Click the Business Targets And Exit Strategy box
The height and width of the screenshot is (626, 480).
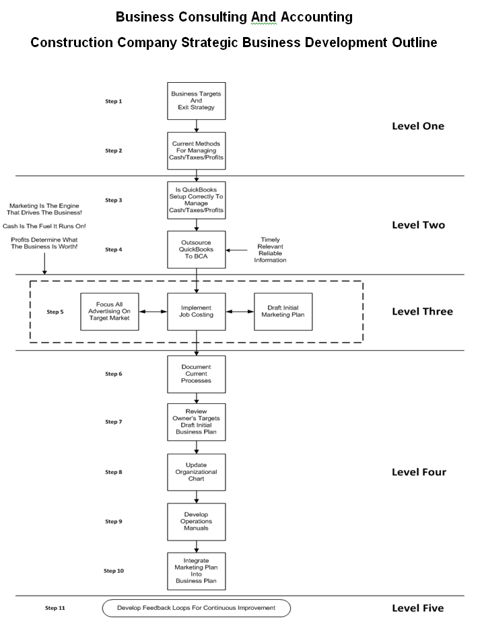pos(196,101)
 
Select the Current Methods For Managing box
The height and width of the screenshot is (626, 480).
pos(196,151)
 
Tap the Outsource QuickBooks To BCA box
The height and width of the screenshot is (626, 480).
pos(196,250)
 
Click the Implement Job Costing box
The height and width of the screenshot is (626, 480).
pos(196,312)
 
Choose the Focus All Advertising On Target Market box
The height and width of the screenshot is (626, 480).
pos(109,312)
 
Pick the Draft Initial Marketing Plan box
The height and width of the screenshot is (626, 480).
pos(283,312)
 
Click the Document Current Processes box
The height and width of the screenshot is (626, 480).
pos(196,374)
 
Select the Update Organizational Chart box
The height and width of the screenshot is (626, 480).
pos(196,472)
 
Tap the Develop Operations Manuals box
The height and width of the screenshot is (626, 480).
pos(196,522)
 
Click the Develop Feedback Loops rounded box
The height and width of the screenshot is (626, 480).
pos(196,608)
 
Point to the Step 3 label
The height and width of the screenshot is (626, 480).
pos(113,200)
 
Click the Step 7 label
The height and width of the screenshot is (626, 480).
pos(113,422)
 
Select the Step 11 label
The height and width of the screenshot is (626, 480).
pos(55,608)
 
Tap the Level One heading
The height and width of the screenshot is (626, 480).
pos(417,126)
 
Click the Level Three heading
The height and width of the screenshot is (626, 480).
pos(422,312)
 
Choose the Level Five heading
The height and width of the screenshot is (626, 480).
pos(417,608)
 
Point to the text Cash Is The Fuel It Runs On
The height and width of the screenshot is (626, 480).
pos(44,225)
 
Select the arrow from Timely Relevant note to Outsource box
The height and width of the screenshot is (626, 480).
pos(236,250)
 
